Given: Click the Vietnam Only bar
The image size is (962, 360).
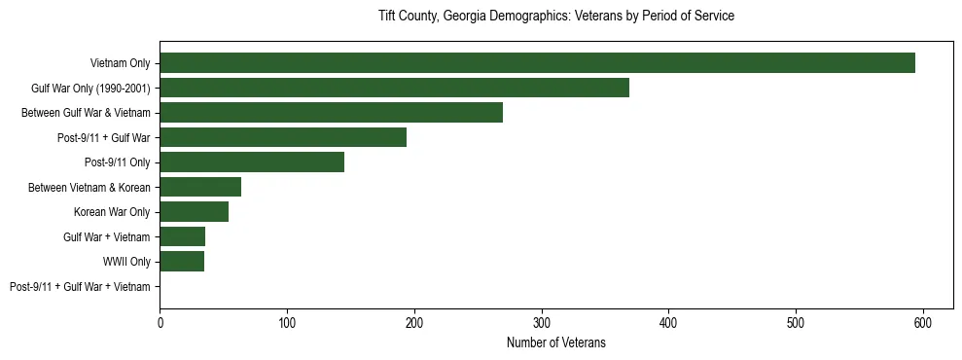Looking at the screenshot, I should [537, 63].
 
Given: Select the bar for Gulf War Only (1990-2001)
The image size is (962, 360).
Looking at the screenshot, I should [394, 88].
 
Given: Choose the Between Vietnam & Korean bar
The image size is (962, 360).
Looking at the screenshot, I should [200, 187].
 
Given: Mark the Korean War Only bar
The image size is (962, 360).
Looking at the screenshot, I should [194, 212].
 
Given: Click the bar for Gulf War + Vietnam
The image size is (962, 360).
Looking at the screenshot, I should [182, 236].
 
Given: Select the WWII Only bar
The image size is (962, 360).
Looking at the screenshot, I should [182, 262].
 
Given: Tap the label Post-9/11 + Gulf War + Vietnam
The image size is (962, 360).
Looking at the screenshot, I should [80, 287].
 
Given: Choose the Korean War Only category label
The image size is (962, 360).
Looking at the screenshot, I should [112, 212].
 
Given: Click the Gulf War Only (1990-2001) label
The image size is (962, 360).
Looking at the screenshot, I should [90, 89].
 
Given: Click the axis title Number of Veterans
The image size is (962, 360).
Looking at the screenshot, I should [555, 342].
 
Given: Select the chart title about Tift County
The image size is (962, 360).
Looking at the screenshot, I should [555, 17].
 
